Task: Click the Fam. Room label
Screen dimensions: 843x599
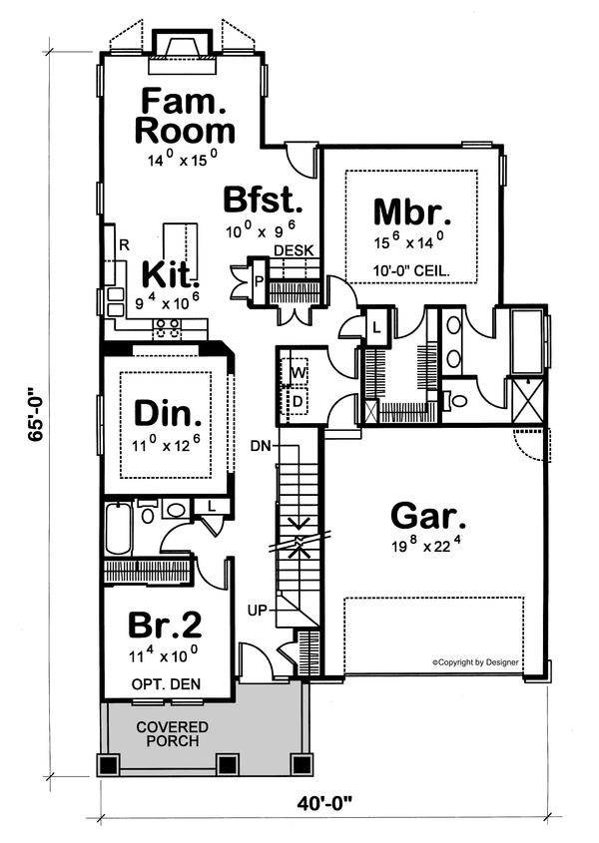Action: (187, 116)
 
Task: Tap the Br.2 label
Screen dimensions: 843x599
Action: (166, 624)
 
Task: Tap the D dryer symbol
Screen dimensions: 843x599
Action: (298, 400)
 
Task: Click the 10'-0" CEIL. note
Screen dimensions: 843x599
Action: (412, 270)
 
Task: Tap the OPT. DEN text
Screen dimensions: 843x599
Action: (166, 684)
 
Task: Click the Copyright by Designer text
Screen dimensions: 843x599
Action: (483, 661)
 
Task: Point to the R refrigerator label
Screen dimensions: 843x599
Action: (123, 243)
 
